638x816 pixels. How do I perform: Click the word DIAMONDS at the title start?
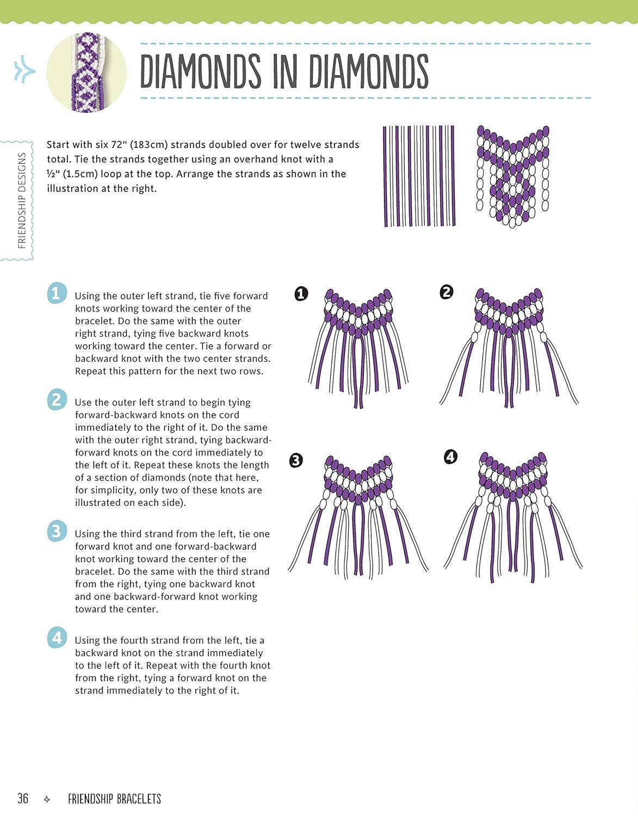pyautogui.click(x=200, y=71)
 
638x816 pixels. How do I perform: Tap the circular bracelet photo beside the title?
pyautogui.click(x=87, y=72)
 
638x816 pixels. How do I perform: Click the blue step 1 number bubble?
pyautogui.click(x=57, y=293)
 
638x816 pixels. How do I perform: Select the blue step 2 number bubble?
pyautogui.click(x=57, y=399)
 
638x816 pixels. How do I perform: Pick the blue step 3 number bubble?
pyautogui.click(x=57, y=531)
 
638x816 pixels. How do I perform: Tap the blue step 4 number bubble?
pyautogui.click(x=57, y=637)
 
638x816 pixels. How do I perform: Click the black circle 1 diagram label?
pyautogui.click(x=301, y=294)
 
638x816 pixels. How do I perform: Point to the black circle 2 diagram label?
pyautogui.click(x=446, y=292)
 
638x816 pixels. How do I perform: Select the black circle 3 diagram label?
pyautogui.click(x=295, y=460)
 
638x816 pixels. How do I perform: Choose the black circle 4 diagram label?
pyautogui.click(x=450, y=456)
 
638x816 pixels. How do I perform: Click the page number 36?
pyautogui.click(x=23, y=798)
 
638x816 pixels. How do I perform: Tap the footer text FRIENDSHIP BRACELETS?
pyautogui.click(x=114, y=799)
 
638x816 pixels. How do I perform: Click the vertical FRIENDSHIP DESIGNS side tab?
pyautogui.click(x=22, y=200)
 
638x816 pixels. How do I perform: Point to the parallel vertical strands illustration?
pyautogui.click(x=419, y=176)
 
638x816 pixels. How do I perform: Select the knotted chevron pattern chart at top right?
pyautogui.click(x=512, y=176)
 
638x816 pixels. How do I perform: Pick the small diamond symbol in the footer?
pyautogui.click(x=47, y=799)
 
